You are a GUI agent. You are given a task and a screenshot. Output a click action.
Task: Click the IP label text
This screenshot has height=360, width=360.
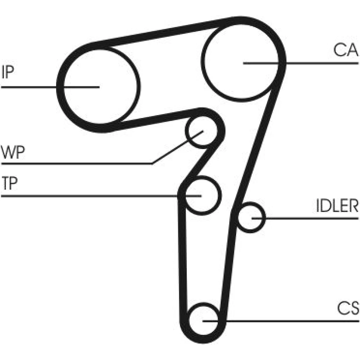tap(8, 72)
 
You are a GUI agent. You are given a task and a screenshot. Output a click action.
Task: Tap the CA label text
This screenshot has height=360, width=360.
tap(346, 50)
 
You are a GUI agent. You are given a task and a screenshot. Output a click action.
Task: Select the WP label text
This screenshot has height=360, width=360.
tap(13, 152)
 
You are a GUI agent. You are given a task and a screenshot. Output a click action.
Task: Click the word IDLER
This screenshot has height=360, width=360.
tap(337, 206)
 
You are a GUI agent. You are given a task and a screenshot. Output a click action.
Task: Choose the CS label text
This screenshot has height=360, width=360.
tap(348, 308)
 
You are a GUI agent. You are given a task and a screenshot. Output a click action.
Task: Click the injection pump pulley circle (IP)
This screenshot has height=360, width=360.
tap(140, 87)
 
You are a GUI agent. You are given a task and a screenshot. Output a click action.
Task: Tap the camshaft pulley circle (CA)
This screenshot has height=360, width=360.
tap(202, 60)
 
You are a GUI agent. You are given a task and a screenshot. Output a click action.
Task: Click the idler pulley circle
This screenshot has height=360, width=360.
tap(265, 218)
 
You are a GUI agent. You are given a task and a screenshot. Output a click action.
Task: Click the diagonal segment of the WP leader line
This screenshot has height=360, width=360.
tap(178, 147)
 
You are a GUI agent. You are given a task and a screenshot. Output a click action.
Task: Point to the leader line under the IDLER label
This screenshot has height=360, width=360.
tap(305, 218)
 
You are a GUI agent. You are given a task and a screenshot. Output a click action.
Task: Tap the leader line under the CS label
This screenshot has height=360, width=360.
tap(280, 321)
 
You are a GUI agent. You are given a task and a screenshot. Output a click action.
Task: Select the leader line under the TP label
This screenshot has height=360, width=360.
tap(101, 196)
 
